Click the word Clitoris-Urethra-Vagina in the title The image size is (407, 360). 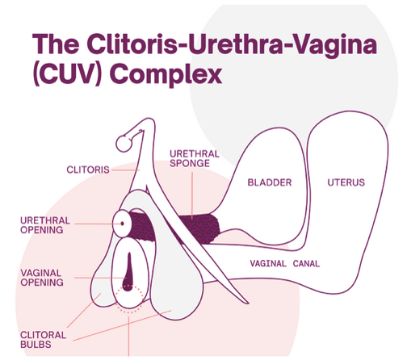[x=232, y=44]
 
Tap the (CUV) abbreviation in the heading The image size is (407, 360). [x=68, y=73]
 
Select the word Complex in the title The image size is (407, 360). [x=166, y=74]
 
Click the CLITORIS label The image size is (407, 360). [x=88, y=170]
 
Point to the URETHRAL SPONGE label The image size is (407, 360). [x=195, y=158]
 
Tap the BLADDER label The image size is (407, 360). [x=270, y=182]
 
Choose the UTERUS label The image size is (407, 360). [x=346, y=182]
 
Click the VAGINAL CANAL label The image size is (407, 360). [x=285, y=263]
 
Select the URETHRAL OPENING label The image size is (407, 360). [x=45, y=225]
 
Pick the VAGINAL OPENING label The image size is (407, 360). [x=42, y=278]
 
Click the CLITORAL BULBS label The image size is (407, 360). [x=43, y=340]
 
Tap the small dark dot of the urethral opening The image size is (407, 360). [x=123, y=224]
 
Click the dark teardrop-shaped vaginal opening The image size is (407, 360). [x=128, y=271]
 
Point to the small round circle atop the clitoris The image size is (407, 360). [x=124, y=144]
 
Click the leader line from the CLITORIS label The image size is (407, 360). [x=125, y=170]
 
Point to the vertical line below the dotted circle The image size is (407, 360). [x=129, y=337]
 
